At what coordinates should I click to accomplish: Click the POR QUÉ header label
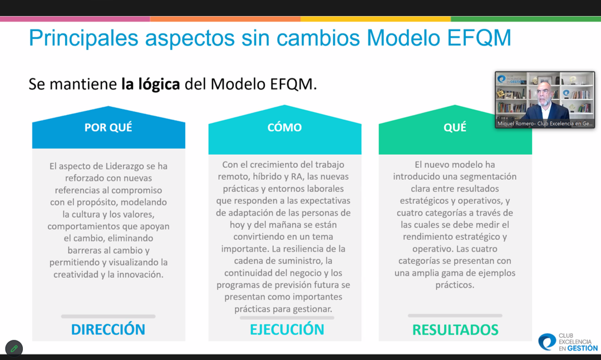pos(108,127)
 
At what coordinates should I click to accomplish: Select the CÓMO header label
pos(284,127)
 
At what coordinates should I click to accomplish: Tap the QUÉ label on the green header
pos(455,127)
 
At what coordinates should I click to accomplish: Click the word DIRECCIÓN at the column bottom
pos(108,329)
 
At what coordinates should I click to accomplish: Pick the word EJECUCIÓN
pos(287,329)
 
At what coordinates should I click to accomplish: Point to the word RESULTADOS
pos(455,330)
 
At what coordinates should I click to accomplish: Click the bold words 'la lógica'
pos(151,84)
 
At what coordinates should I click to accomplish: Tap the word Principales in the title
pos(83,38)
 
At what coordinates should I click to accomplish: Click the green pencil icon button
pos(14,348)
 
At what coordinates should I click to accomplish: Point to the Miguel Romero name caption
pos(545,124)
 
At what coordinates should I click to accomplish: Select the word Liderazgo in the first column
pos(126,166)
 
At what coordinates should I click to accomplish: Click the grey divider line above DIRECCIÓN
pos(108,316)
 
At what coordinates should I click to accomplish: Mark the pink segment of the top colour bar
pos(75,19)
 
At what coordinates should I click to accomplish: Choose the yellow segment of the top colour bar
pos(376,19)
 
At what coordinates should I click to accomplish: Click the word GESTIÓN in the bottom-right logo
pos(582,348)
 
